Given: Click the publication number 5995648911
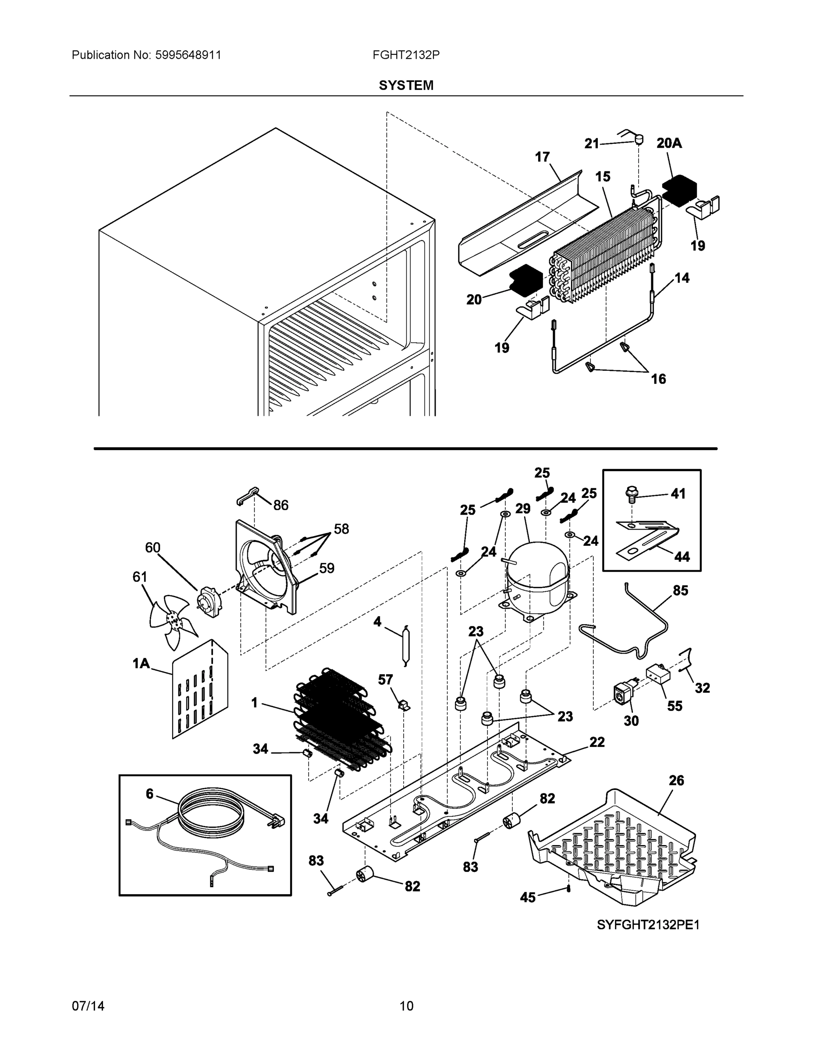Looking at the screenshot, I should click(188, 55).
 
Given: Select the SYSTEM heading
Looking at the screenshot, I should click(406, 85).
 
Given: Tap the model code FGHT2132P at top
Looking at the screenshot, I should click(405, 55).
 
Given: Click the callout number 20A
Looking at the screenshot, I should click(669, 143).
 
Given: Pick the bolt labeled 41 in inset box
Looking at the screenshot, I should click(632, 493).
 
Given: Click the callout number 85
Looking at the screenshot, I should click(680, 590).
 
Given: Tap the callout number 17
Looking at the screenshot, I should click(542, 157).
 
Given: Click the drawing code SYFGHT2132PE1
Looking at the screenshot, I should click(648, 925).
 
